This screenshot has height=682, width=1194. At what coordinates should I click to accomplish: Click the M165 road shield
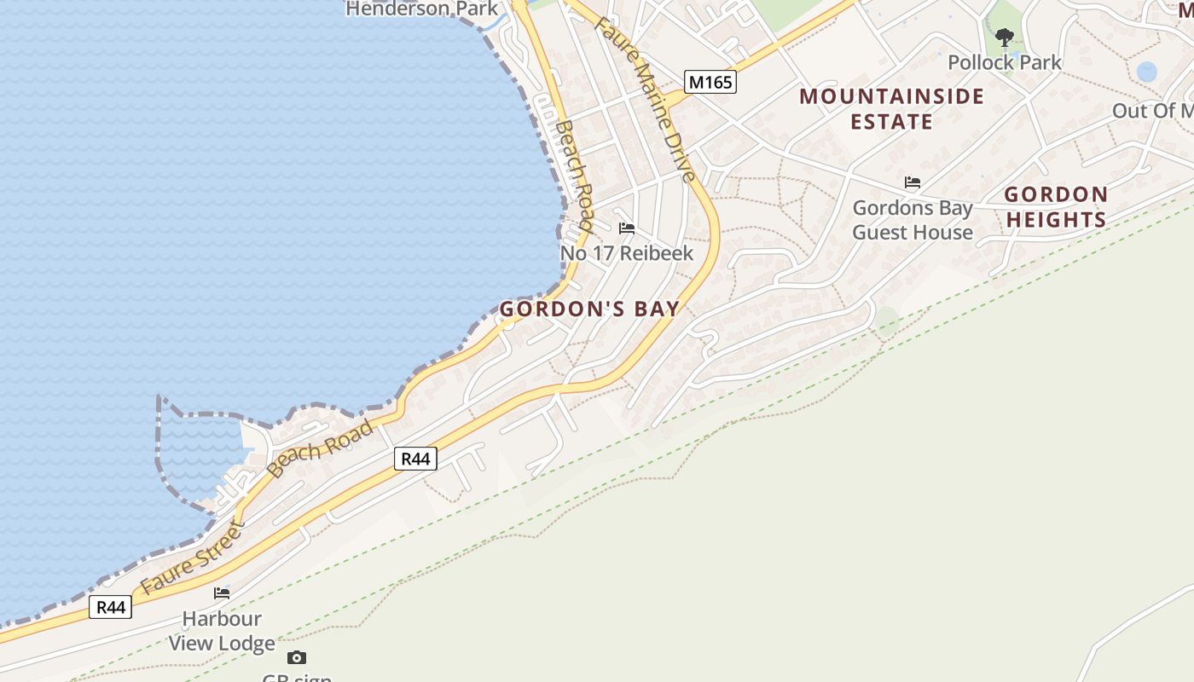coord(710,82)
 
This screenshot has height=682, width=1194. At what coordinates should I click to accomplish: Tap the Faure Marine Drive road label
coord(646,98)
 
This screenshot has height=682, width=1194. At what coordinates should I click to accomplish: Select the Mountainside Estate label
coord(891,108)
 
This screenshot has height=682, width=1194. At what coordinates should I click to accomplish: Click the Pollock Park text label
coord(1005,62)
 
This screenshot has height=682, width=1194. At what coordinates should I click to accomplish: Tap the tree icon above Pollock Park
coord(1005,37)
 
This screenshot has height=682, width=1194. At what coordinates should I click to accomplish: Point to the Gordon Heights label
coord(1056,207)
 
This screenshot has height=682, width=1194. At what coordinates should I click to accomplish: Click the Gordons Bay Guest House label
coord(913,220)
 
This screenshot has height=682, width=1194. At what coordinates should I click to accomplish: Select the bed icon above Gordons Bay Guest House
coord(913,182)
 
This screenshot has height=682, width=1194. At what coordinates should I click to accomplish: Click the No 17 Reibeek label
coord(627,253)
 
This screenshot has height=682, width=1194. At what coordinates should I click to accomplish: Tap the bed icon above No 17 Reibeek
coord(627,228)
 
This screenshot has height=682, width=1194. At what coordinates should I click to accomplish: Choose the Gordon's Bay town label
coord(589,309)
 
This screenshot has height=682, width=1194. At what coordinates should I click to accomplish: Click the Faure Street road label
coord(192,559)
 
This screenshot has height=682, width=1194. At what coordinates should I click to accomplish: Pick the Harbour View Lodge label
coord(222,631)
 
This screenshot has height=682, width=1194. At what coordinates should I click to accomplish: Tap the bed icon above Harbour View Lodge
coord(222,593)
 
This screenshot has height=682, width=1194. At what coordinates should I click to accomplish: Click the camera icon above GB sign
coord(296,657)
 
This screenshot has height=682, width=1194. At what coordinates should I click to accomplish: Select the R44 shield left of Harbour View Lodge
coord(111,607)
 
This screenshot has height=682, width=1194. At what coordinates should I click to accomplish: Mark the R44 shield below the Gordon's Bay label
coord(416,459)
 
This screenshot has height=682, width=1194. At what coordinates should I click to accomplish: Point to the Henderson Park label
coord(421,9)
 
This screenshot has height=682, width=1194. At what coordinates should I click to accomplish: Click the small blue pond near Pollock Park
coord(1147,72)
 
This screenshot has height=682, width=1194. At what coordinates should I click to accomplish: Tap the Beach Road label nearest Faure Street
coord(320,448)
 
